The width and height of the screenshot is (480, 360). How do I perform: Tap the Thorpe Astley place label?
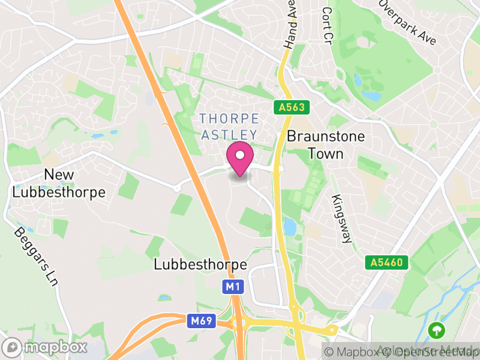click(x=229, y=127)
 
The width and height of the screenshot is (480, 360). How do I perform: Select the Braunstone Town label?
click(x=326, y=145)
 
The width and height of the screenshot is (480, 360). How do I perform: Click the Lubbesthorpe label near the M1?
click(x=200, y=264)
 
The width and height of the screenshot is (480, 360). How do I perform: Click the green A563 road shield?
click(x=292, y=108)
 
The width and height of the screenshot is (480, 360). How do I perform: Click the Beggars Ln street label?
click(x=32, y=256)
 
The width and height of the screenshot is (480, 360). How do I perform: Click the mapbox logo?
click(x=46, y=347)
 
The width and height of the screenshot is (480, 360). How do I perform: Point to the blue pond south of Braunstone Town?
click(x=290, y=227)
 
